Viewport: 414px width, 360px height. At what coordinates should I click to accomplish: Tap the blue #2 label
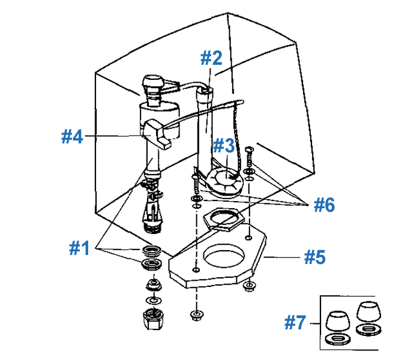211,58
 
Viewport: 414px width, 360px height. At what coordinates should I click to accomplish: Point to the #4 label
73,136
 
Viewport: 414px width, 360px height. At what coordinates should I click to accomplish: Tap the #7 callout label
296,324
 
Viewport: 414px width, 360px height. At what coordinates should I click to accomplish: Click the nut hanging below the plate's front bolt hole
196,314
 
